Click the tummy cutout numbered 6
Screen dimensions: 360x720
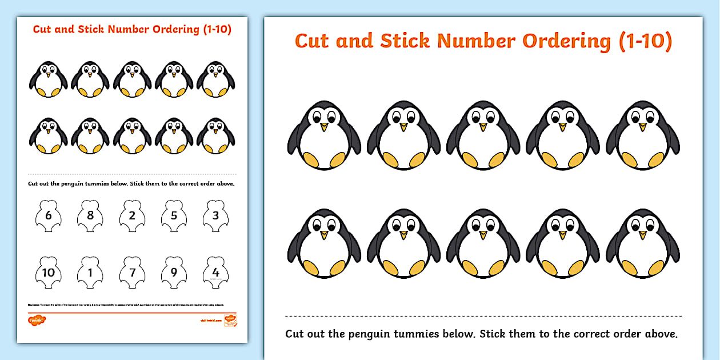click(48, 215)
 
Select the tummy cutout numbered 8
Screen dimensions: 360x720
click(90, 215)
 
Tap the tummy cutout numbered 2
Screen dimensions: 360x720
click(132, 215)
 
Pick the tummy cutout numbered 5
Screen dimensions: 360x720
click(174, 215)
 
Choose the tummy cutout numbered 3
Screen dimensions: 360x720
click(215, 215)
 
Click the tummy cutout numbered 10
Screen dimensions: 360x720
click(48, 272)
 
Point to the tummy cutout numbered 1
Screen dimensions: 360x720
click(90, 272)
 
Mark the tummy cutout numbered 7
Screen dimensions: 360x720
click(132, 272)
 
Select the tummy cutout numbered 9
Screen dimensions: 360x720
click(174, 272)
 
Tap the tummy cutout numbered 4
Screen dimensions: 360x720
click(215, 272)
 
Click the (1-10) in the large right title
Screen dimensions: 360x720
click(646, 41)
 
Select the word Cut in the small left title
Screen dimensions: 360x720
click(42, 30)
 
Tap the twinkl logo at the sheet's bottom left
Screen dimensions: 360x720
click(36, 319)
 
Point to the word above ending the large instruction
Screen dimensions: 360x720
click(661, 334)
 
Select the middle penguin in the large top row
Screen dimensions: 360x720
click(483, 135)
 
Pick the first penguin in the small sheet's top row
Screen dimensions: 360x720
click(48, 79)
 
